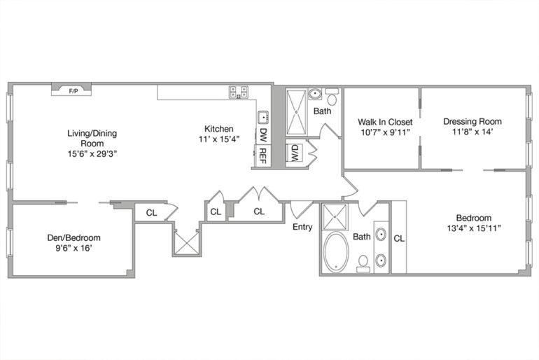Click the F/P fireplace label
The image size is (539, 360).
(73, 91)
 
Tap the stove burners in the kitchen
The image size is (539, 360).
(239, 92)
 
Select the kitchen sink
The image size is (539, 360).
(264, 117)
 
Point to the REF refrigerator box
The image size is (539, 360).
(262, 155)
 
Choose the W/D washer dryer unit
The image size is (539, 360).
(295, 153)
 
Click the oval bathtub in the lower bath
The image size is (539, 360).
(335, 252)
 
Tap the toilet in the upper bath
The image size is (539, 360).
(332, 97)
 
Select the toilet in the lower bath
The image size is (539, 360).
(363, 264)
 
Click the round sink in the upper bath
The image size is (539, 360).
(315, 94)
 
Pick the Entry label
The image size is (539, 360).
(302, 227)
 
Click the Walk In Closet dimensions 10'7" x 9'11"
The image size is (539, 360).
(385, 132)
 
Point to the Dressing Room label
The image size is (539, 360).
(472, 121)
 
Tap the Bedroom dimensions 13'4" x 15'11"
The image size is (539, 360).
(474, 228)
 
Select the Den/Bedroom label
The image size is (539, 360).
(74, 237)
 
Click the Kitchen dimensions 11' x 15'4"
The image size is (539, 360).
(219, 139)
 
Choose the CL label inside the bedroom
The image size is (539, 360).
(399, 238)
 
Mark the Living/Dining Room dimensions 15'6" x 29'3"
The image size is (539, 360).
(92, 153)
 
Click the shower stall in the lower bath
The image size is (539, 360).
(335, 217)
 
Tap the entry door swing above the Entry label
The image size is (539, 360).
(300, 209)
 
